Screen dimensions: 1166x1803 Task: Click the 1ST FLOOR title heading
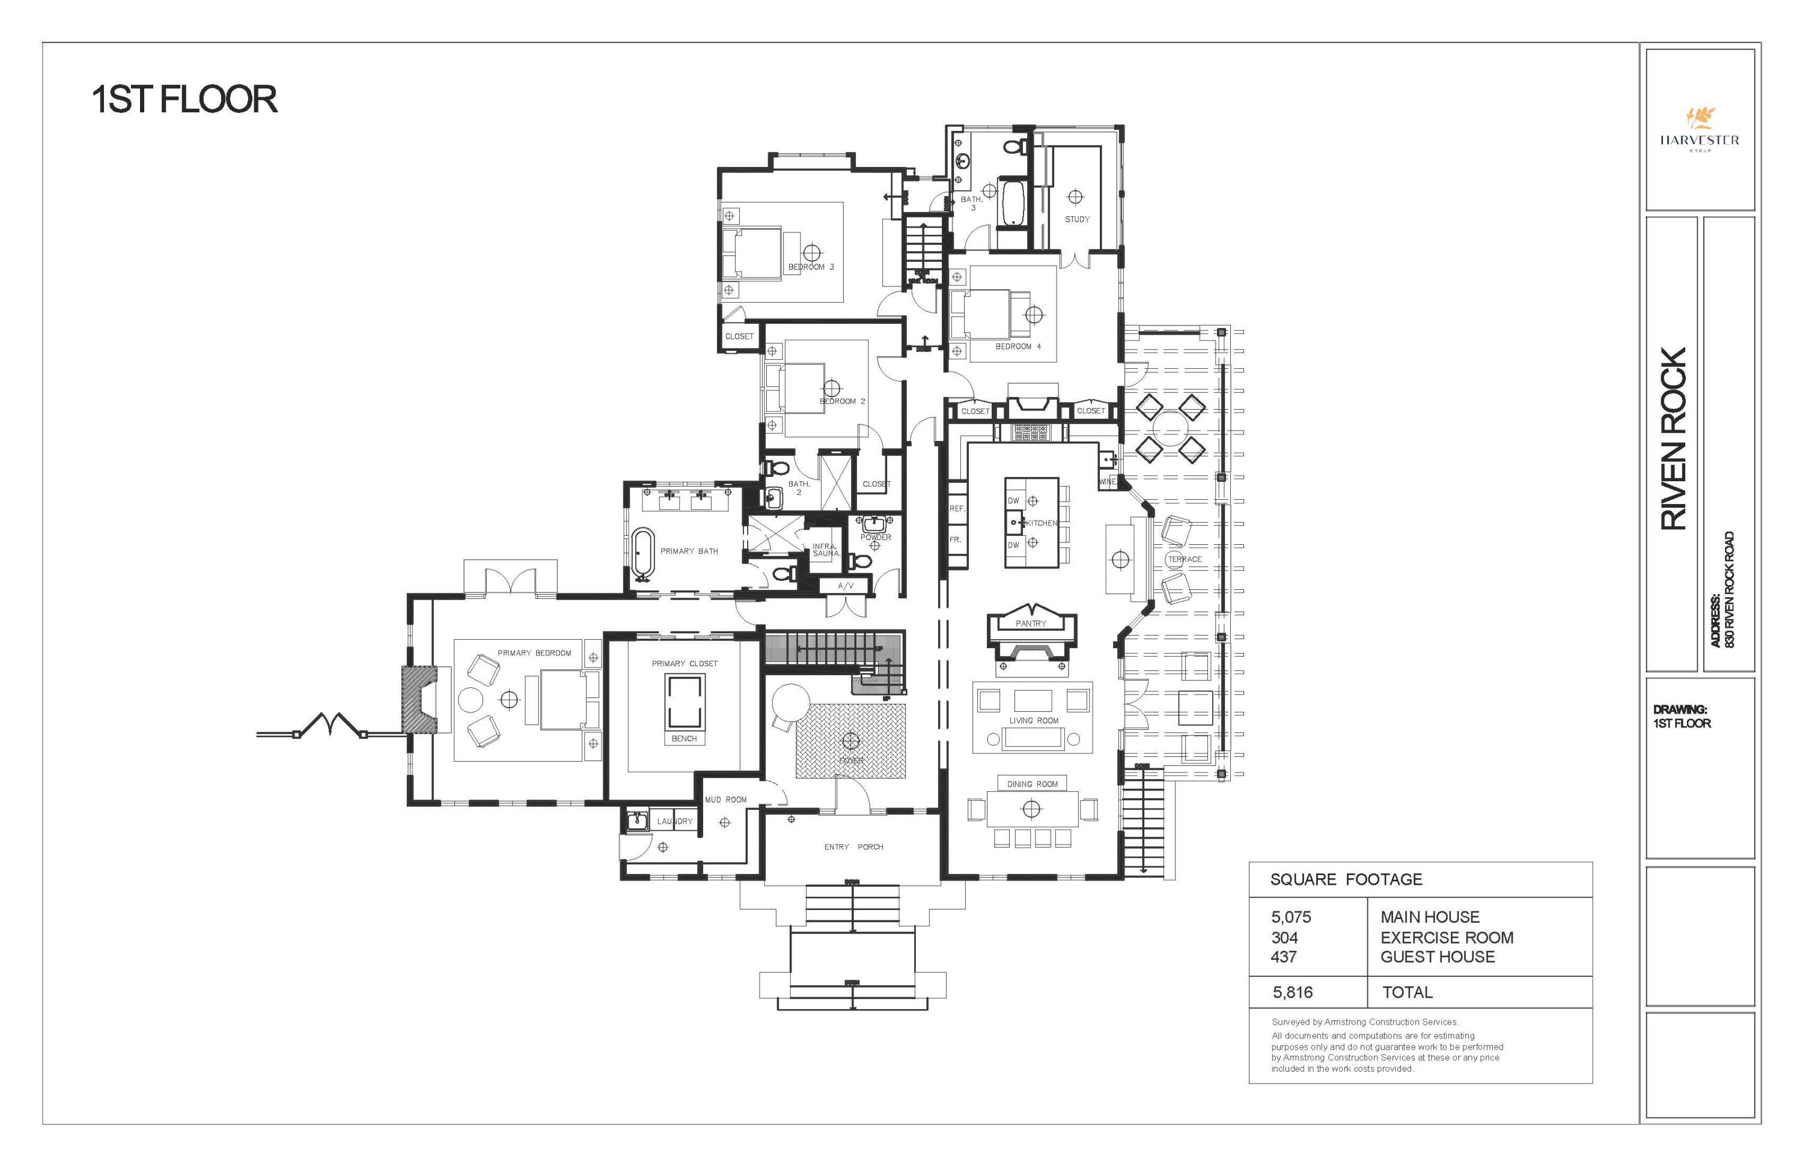click(x=184, y=100)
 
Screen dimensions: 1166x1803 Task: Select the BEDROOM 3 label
click(x=811, y=267)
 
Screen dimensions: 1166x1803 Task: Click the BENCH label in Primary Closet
click(x=684, y=739)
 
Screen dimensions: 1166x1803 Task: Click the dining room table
click(x=1032, y=809)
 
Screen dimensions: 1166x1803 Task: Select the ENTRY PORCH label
click(x=854, y=847)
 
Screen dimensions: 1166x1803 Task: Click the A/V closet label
click(x=846, y=586)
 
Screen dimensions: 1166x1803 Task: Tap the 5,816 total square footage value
click(x=1292, y=992)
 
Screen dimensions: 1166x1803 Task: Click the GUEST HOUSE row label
click(x=1437, y=957)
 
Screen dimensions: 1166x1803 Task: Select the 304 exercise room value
click(x=1284, y=937)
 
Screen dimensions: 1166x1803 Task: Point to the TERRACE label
click(x=1185, y=559)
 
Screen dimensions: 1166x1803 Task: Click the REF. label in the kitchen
click(x=957, y=509)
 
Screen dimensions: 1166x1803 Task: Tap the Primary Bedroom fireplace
click(x=419, y=699)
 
